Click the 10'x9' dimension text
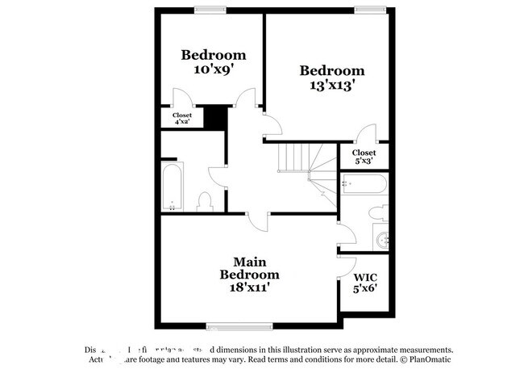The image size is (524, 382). pos(213,69)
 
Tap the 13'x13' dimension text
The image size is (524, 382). pos(331,84)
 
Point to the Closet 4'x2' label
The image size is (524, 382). pos(182,119)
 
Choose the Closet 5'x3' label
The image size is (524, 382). pos(364,156)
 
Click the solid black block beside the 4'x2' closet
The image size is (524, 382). pos(214,118)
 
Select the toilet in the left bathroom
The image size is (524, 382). pos(204,200)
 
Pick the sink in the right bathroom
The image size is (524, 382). pos(382,238)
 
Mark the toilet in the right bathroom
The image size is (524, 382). pos(377,212)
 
